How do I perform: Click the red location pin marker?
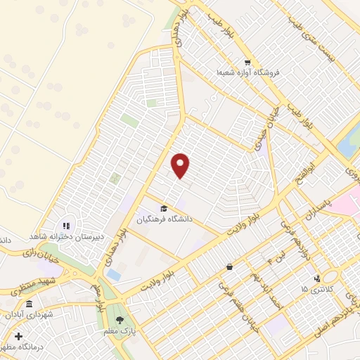tap(181, 165)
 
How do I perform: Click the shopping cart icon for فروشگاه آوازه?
tap(247, 61)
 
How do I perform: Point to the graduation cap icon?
tap(164, 208)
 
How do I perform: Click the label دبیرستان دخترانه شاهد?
tap(63, 237)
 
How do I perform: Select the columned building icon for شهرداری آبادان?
tap(29, 304)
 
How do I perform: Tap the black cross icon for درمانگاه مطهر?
tap(18, 336)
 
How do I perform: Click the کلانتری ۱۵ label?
tap(314, 289)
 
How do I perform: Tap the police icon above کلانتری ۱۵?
tap(317, 278)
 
